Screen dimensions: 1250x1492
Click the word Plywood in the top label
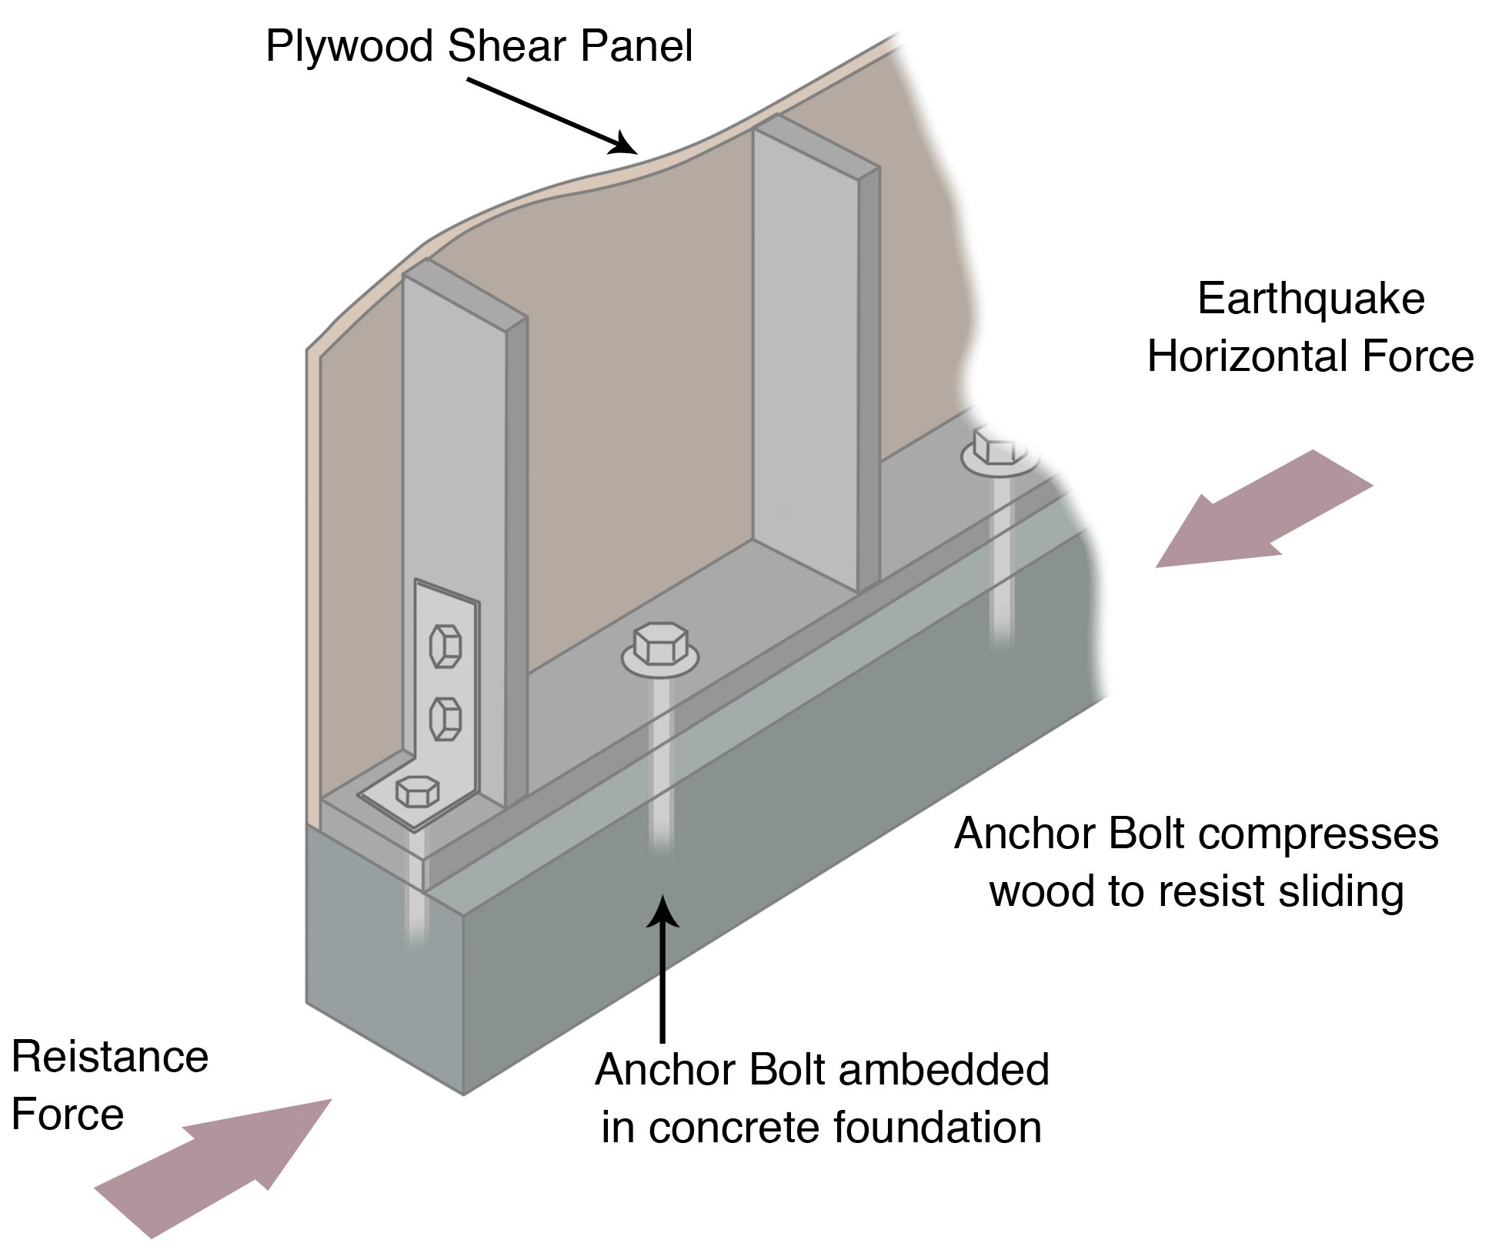351,46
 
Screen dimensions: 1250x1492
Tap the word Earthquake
1310,299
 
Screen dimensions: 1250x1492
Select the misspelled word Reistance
110,1056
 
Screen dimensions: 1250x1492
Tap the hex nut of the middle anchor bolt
660,643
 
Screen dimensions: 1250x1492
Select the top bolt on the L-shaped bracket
446,646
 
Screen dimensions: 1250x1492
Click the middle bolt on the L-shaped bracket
446,718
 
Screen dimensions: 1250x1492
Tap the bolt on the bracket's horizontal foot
417,790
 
